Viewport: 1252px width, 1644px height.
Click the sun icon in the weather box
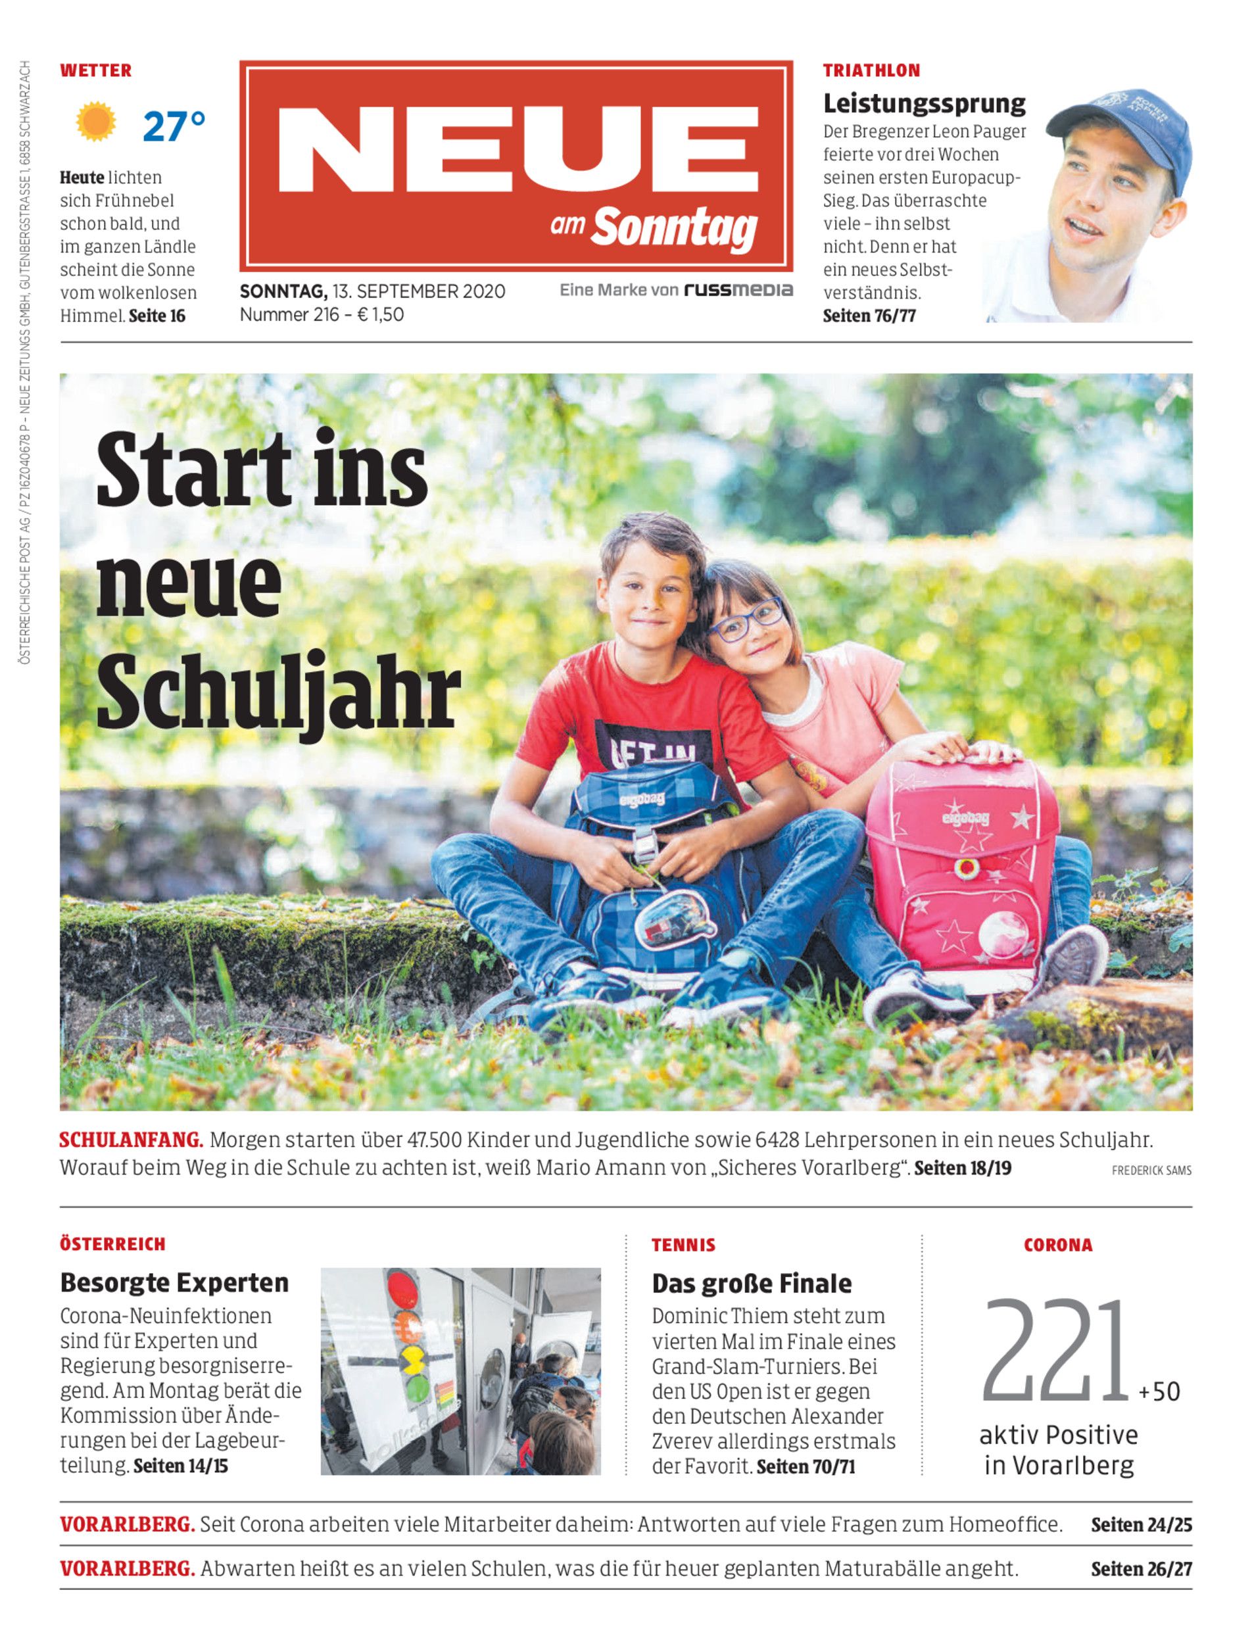click(x=96, y=122)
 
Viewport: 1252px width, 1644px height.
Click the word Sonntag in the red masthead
click(x=675, y=228)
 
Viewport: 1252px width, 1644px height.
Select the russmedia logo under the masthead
click(x=738, y=290)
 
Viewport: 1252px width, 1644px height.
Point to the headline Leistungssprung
click(x=924, y=103)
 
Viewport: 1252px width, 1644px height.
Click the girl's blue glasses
click(x=746, y=619)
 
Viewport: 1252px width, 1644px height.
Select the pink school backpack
click(x=962, y=872)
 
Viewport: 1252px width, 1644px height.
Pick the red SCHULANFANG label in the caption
click(x=131, y=1140)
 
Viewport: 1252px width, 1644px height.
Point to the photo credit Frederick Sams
click(x=1151, y=1171)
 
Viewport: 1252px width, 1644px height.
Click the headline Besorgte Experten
click(x=174, y=1282)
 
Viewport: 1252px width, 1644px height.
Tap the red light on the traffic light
click(x=402, y=1288)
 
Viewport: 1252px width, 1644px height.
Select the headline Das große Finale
click(x=751, y=1283)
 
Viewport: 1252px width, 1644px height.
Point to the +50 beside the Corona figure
click(x=1159, y=1391)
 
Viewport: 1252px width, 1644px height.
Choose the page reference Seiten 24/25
click(x=1141, y=1525)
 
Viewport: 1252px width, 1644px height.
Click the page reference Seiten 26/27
click(x=1141, y=1569)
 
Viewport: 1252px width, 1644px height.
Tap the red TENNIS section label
click(x=683, y=1245)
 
